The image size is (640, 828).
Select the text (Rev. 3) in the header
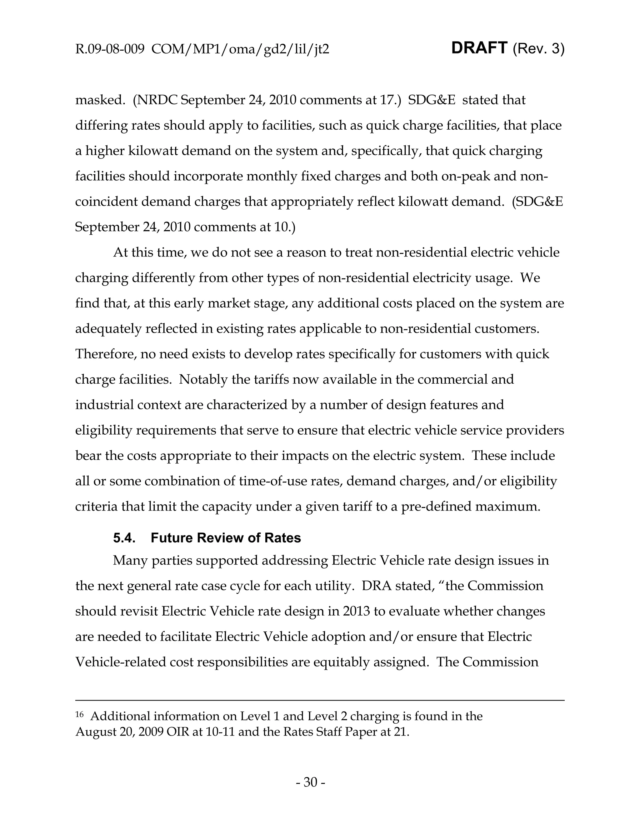(538, 49)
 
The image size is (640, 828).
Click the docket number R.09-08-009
(110, 50)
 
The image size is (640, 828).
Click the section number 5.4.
(124, 538)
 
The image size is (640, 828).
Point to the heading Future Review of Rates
(226, 538)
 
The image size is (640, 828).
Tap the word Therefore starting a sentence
(106, 354)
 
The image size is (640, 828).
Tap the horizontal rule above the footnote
(320, 700)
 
